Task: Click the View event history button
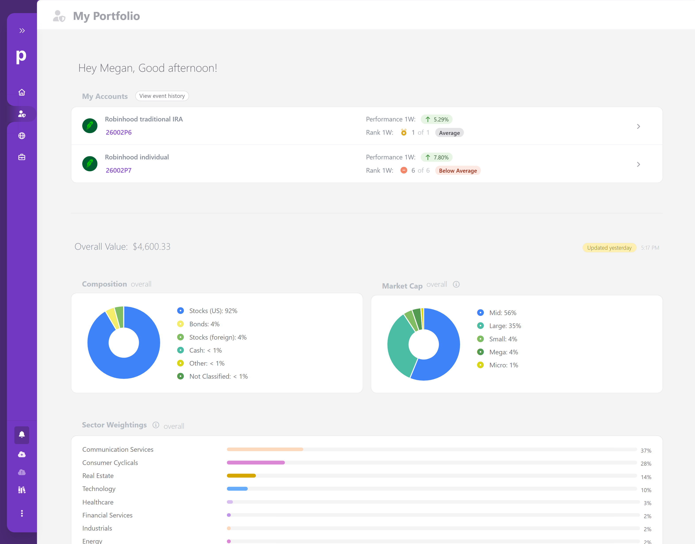162,96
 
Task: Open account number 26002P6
118,132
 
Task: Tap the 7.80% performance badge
437,157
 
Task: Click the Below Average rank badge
458,171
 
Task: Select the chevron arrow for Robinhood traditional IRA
638,127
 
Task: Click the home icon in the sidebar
22,92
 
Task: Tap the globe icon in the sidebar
22,136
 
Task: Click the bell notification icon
22,435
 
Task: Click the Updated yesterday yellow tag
609,248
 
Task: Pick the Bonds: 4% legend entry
204,324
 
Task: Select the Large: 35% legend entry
505,326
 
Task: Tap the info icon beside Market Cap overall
456,284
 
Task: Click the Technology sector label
99,489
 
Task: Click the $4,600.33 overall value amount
151,247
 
